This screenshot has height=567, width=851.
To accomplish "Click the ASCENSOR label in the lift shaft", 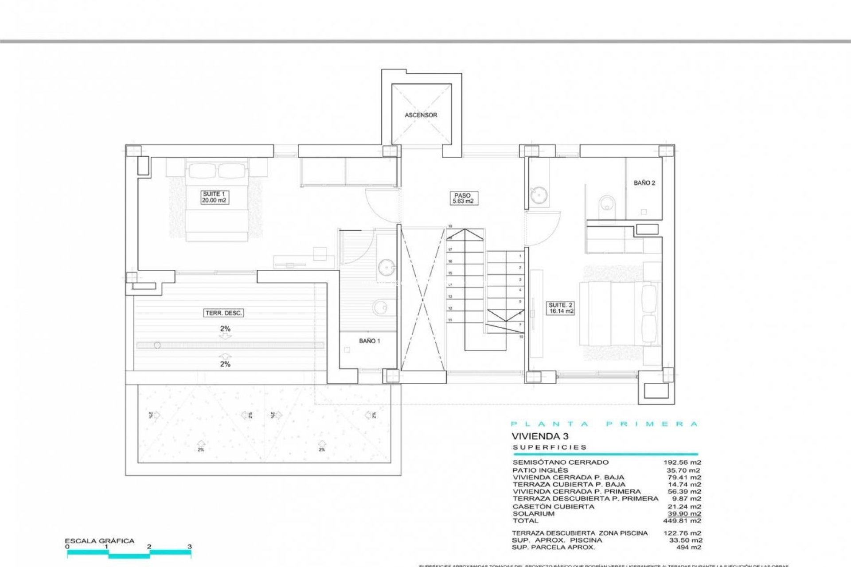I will pyautogui.click(x=421, y=115).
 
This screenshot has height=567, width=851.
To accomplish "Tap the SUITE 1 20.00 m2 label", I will pyautogui.click(x=214, y=197).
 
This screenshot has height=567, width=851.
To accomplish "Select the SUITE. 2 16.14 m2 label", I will pyautogui.click(x=561, y=308).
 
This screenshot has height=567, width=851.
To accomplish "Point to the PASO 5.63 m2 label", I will pyautogui.click(x=462, y=198).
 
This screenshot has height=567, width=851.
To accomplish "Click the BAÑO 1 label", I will pyautogui.click(x=369, y=341).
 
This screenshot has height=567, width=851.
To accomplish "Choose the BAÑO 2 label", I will pyautogui.click(x=644, y=183).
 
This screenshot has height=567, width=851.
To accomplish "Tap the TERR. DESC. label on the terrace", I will pyautogui.click(x=224, y=313).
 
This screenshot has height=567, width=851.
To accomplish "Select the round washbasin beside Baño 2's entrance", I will pyautogui.click(x=539, y=194).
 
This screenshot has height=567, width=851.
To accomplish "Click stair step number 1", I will pyautogui.click(x=520, y=256).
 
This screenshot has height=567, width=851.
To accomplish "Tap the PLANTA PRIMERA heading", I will pyautogui.click(x=604, y=424).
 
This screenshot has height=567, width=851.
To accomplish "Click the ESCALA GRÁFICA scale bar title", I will pyautogui.click(x=99, y=541).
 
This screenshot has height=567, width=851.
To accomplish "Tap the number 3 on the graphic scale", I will pyautogui.click(x=190, y=547).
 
